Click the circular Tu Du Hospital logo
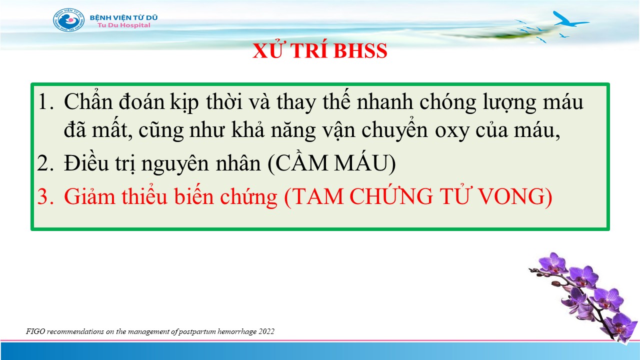point(69,20)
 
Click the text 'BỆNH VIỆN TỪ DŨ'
point(123,17)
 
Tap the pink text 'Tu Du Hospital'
point(123,25)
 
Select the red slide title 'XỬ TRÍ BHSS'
point(319,50)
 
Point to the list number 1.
point(45,101)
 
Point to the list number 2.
point(45,163)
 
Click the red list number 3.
point(45,196)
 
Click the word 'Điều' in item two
point(86,162)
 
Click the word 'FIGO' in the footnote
point(35,331)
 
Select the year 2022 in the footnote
point(266,331)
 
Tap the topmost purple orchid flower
point(553,263)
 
